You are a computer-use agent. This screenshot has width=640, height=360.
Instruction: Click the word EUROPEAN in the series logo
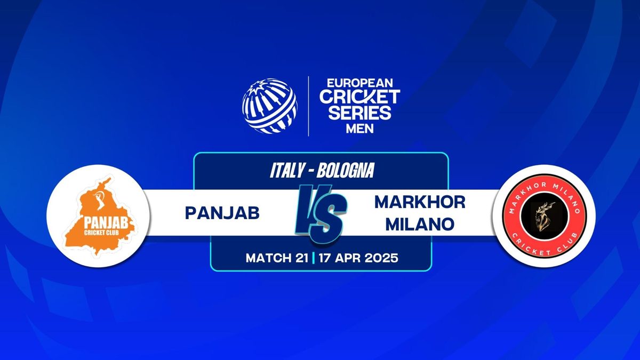click(360, 83)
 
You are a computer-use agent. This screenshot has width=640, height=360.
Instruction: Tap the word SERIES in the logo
click(359, 113)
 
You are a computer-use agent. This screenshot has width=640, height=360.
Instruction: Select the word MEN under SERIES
click(359, 129)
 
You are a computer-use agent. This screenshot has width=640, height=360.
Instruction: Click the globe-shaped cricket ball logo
click(269, 106)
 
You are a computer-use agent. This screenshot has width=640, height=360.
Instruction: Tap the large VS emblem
click(321, 214)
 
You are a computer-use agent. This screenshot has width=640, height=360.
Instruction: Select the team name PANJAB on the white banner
click(222, 213)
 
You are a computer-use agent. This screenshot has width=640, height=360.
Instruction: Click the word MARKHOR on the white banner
click(420, 202)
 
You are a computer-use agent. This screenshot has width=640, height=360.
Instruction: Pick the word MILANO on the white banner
click(420, 225)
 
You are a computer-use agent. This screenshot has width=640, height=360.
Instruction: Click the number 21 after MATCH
click(301, 258)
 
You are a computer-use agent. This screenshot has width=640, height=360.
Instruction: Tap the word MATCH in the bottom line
click(268, 258)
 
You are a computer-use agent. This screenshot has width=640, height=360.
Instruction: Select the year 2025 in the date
click(381, 258)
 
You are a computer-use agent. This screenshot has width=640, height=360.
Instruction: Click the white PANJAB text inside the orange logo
click(106, 223)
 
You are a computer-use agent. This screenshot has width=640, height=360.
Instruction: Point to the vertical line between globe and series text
click(309, 106)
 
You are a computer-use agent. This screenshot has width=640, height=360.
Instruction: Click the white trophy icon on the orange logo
click(101, 199)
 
